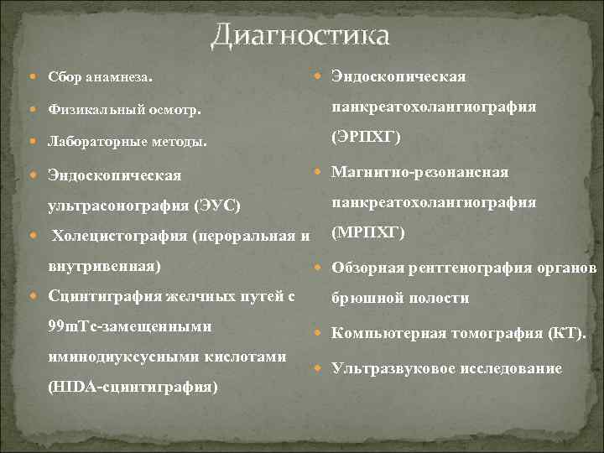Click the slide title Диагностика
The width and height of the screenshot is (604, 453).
(x=299, y=35)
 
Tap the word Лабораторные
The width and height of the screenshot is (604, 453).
(x=96, y=142)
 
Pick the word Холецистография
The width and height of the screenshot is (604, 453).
(x=120, y=236)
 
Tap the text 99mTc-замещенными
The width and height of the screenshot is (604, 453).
(x=130, y=325)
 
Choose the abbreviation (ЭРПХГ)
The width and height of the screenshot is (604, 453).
(x=366, y=137)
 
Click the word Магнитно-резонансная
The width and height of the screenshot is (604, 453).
(x=419, y=172)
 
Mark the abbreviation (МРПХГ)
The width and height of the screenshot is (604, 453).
(x=368, y=232)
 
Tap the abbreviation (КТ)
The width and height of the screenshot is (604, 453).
(x=566, y=333)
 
